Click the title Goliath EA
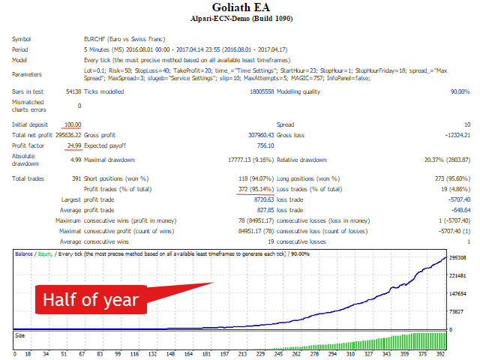(240, 8)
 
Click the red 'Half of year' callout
(90, 299)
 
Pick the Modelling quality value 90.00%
(460, 91)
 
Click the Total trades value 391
(76, 178)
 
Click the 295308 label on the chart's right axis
(459, 257)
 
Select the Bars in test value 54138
(73, 91)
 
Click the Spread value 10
(466, 124)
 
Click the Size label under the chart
(20, 335)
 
